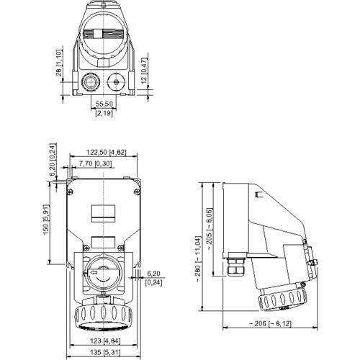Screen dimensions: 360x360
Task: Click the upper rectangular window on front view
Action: click(x=101, y=212)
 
